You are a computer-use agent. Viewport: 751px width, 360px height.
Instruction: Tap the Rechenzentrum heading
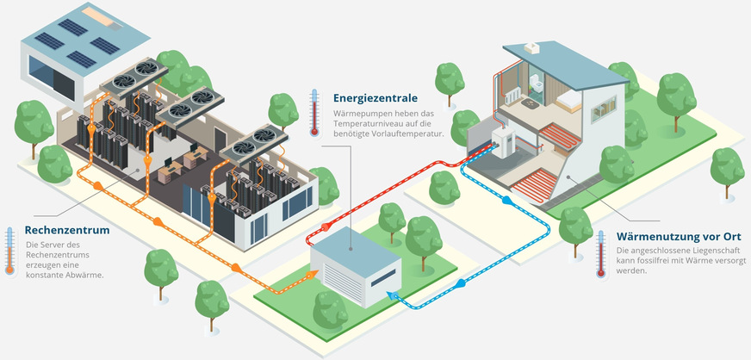click(66, 231)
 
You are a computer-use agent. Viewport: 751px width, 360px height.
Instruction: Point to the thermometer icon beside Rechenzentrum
click(10, 251)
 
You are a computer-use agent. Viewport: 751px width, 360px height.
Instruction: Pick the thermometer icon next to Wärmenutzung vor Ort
click(601, 253)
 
